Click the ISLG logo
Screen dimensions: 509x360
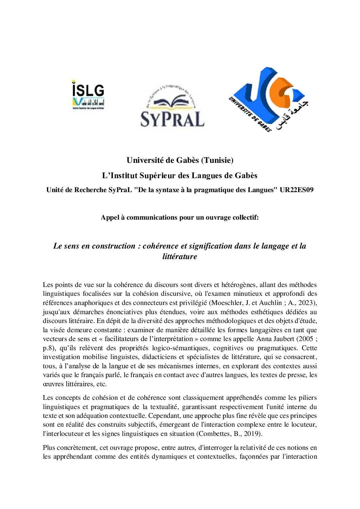pos(88,94)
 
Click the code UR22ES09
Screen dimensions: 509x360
pos(296,190)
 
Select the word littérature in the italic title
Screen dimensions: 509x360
pos(180,257)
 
